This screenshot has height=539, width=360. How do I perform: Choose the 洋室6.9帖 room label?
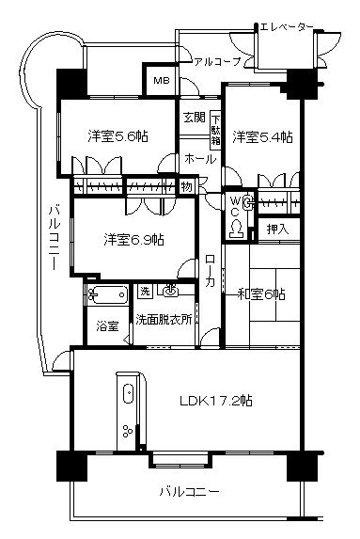pyautogui.click(x=133, y=239)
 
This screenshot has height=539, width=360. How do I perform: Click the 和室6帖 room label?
pyautogui.click(x=263, y=293)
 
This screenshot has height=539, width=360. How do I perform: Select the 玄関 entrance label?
pyautogui.click(x=195, y=118)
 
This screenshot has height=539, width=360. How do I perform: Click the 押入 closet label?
pyautogui.click(x=276, y=228)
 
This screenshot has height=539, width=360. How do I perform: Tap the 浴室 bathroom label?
pyautogui.click(x=106, y=326)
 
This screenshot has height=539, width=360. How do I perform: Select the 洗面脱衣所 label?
pyautogui.click(x=164, y=319)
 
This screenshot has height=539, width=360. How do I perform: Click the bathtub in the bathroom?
pyautogui.click(x=108, y=295)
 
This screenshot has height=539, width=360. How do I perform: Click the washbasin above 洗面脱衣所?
pyautogui.click(x=171, y=291)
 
